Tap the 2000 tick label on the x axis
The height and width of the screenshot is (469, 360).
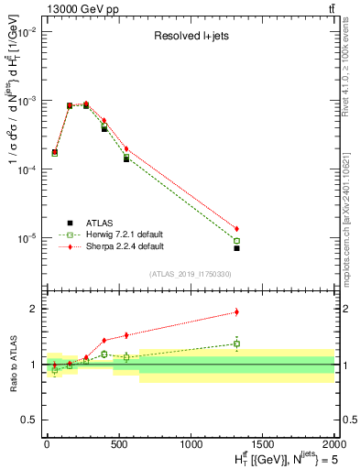333,442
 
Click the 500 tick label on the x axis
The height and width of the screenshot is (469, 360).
118,442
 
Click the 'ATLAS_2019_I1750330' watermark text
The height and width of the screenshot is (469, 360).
191,274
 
